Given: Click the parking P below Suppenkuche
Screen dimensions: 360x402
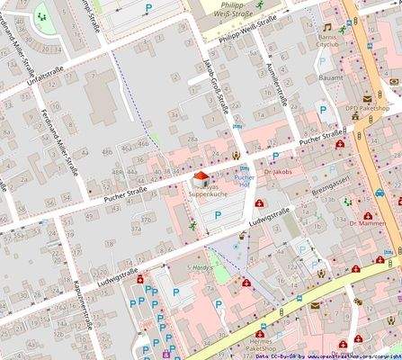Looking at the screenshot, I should [x=219, y=215].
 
